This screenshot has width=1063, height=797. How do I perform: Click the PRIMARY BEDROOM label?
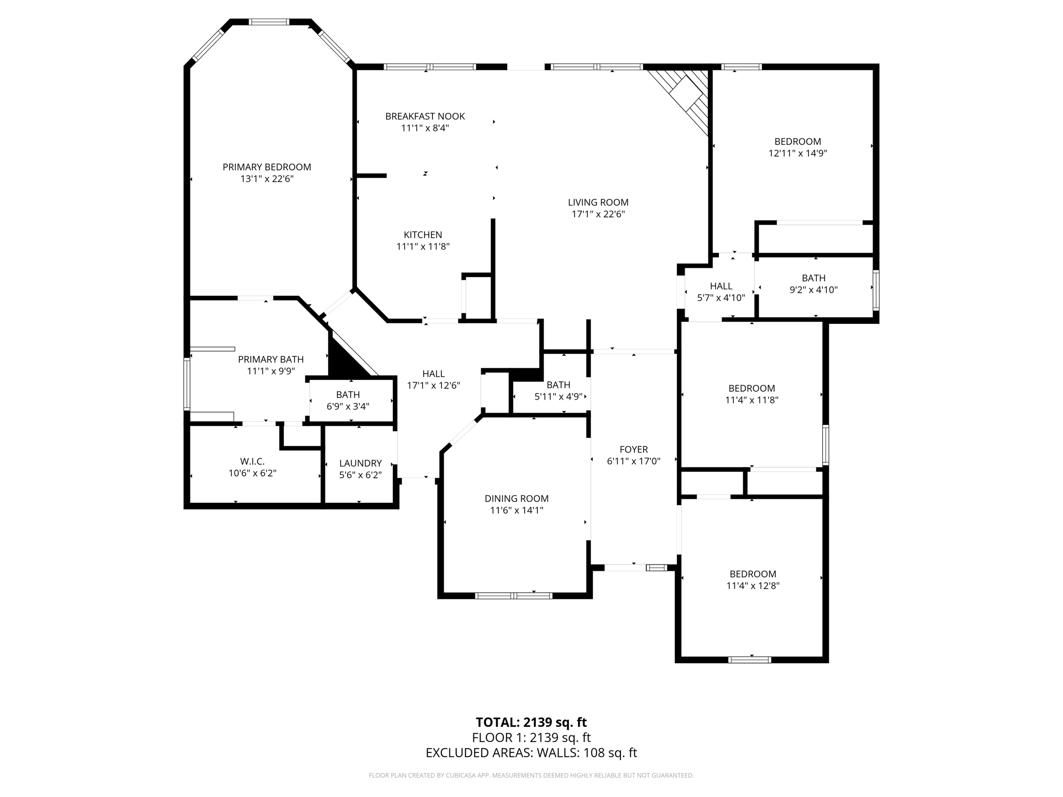tap(267, 167)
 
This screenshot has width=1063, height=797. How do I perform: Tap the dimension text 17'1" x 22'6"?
tap(598, 214)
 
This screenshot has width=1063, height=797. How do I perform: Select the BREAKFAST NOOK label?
tap(425, 116)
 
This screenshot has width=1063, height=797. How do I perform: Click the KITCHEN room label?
tap(423, 235)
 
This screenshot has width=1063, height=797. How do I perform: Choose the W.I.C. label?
tap(252, 461)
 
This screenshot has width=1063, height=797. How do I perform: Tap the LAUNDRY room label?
tap(360, 463)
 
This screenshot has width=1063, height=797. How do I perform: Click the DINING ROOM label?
tap(516, 499)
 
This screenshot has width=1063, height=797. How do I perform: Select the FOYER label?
tap(633, 449)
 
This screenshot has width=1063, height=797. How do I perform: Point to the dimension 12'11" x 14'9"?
tap(797, 154)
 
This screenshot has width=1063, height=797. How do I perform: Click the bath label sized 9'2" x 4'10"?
tap(813, 278)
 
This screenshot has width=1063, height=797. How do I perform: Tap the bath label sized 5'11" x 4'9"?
tap(558, 385)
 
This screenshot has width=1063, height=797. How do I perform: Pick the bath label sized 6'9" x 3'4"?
tap(348, 395)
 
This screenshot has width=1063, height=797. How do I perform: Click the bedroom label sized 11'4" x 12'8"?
tap(753, 574)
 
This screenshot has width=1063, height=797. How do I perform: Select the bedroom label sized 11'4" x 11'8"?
tap(752, 388)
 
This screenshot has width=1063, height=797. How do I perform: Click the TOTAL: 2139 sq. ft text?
tap(531, 722)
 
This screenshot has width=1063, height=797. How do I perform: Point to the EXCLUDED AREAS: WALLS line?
tap(531, 753)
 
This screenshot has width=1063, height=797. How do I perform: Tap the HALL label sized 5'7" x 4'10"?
tap(721, 286)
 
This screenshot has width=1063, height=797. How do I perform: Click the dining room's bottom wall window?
tap(513, 596)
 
